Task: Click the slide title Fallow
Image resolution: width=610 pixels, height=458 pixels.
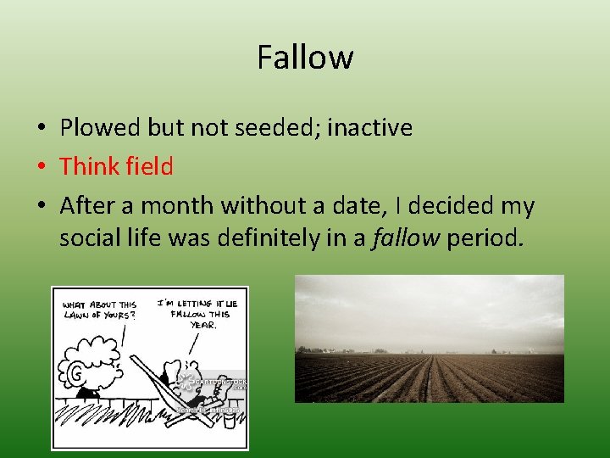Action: tap(305, 58)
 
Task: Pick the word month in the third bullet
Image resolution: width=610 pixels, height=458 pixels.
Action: tap(180, 205)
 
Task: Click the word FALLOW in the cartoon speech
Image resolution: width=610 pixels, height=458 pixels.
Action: tap(190, 314)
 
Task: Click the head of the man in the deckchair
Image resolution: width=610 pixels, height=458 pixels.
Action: tap(182, 373)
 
